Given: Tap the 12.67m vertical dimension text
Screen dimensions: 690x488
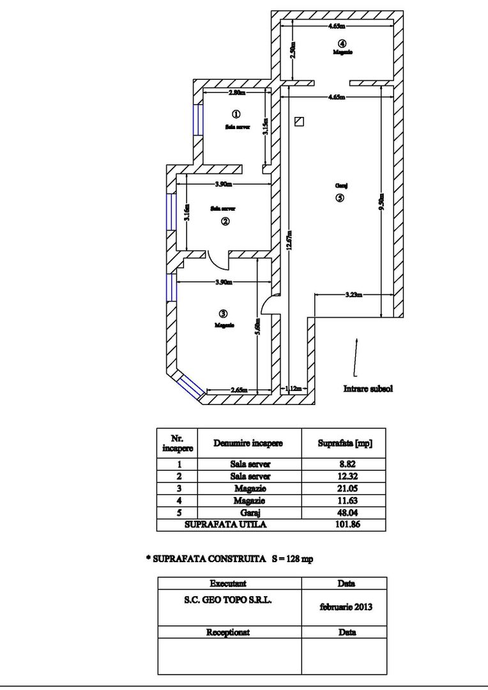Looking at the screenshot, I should pyautogui.click(x=289, y=243).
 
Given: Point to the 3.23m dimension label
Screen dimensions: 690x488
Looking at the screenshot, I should pyautogui.click(x=353, y=295).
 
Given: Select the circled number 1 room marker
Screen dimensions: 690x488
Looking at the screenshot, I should pyautogui.click(x=235, y=115).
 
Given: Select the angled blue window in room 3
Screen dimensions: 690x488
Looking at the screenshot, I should pyautogui.click(x=190, y=387).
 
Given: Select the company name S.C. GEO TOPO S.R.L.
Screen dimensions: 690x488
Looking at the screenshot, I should pyautogui.click(x=228, y=601).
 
